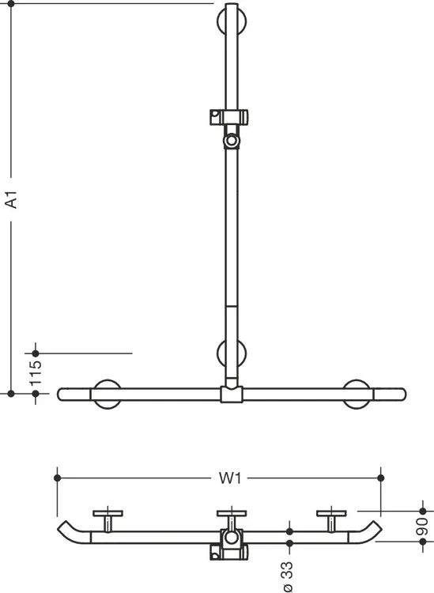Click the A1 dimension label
point(12,199)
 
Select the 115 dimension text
point(36,373)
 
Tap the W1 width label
point(230,478)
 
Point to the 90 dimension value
point(422,527)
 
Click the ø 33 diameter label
point(288,576)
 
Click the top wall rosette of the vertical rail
point(232,21)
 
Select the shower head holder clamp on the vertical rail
point(229,117)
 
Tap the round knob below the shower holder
point(231,141)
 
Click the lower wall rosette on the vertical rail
point(232,353)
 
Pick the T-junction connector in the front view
point(232,394)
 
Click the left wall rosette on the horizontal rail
point(108,394)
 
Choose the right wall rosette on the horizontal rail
point(357,394)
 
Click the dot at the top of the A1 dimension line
point(11,4)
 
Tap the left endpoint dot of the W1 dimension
point(58,478)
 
